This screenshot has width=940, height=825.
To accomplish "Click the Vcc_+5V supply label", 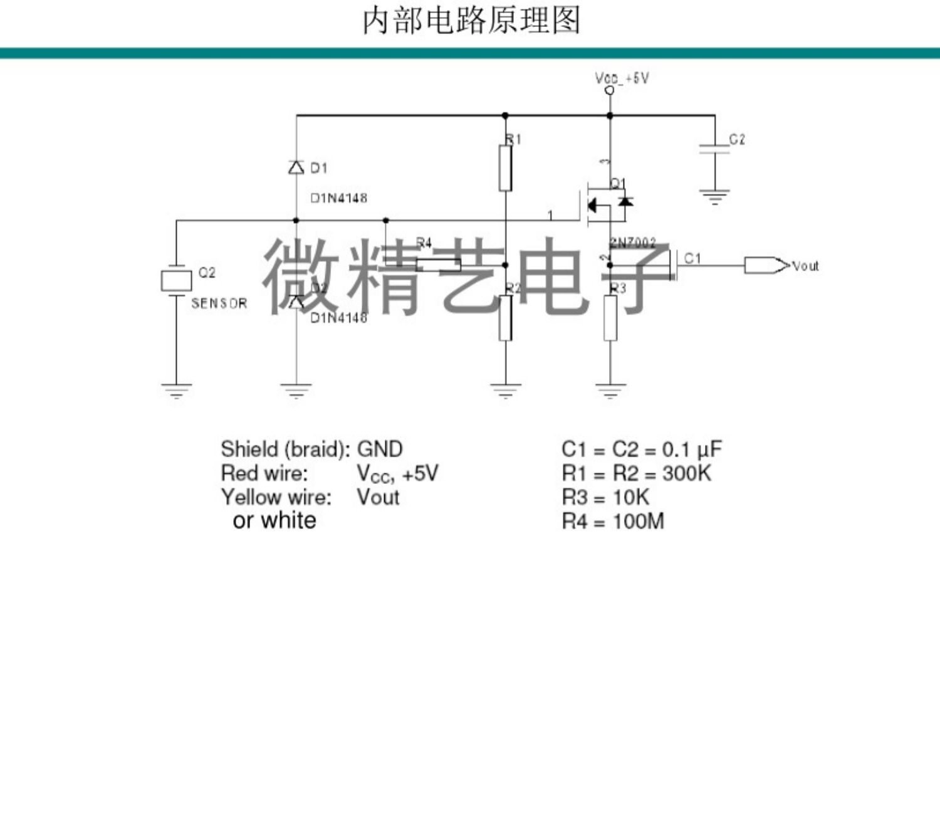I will [622, 78].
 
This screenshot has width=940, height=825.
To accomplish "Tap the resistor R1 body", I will [505, 168].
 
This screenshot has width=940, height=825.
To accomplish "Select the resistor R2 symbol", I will [505, 318].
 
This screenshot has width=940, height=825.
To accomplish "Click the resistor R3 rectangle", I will [610, 318].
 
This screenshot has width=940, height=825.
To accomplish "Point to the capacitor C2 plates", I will [714, 149].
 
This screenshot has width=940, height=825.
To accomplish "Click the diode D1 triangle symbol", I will [296, 167].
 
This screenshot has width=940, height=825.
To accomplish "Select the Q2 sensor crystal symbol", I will [176, 280].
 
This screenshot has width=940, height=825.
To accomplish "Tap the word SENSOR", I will [219, 303].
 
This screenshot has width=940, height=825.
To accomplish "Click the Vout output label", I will [805, 266].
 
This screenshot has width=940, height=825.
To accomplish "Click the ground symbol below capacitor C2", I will [714, 197].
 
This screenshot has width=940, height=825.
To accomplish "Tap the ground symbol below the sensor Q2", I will [176, 391].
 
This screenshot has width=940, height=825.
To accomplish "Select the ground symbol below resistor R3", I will [610, 391].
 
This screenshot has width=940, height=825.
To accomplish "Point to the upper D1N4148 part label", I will [339, 198].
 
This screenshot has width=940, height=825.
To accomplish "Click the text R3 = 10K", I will [605, 497].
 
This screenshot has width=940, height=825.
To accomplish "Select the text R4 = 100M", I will [612, 521].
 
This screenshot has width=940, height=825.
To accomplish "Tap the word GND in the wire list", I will [380, 449].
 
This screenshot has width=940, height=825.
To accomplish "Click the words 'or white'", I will [274, 520].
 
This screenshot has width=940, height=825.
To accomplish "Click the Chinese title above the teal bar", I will [471, 21].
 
